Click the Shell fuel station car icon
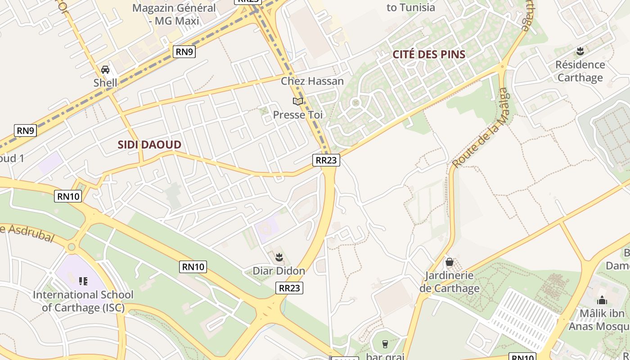105,70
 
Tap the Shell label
105,83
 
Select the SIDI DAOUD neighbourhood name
149,145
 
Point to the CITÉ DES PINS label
429,54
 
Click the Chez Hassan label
312,81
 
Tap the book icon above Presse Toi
297,101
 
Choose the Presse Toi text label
298,115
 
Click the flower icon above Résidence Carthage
580,50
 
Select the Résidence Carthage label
580,71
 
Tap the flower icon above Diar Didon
279,257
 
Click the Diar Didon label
279,271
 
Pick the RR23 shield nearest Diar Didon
289,288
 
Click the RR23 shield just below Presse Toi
326,160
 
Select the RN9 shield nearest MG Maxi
184,52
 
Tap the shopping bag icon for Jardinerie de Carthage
449,262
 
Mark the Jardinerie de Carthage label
450,282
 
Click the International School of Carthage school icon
83,281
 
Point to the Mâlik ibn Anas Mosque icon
602,300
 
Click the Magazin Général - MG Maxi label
174,14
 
